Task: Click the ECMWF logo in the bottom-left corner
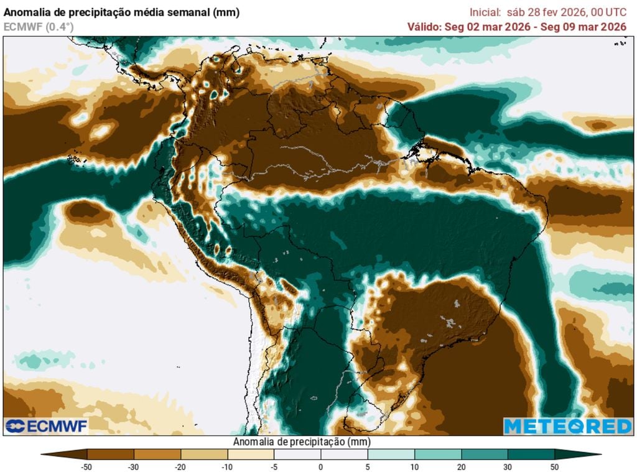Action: pos(47,426)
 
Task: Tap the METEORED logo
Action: pos(567,426)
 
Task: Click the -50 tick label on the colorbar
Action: pos(87,466)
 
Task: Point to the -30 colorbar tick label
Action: pos(134,466)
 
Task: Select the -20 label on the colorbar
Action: pos(180,466)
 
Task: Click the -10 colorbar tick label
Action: pos(227,466)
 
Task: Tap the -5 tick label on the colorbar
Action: pos(274,466)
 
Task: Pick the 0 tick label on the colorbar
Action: pos(321,466)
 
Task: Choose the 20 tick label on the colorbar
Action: pos(461,466)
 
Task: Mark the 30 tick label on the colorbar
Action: pos(508,466)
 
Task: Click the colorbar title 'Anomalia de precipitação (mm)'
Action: pos(302,442)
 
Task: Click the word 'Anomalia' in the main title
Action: pos(26,12)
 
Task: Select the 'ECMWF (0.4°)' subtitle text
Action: pos(39,27)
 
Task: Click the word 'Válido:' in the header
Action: pos(424,26)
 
